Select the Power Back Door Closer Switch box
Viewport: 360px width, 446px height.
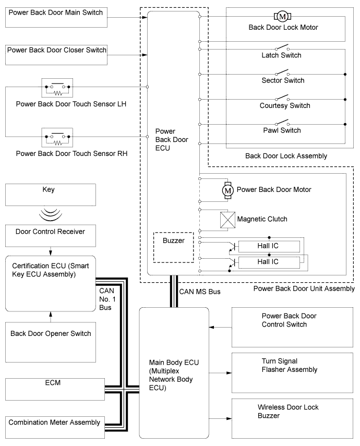56,52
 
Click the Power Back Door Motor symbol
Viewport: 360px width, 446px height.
227,190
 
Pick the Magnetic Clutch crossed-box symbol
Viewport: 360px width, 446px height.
227,220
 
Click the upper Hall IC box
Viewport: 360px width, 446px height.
268,246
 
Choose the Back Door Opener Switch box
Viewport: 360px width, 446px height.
50,334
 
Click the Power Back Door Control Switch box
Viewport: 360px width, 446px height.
289,327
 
